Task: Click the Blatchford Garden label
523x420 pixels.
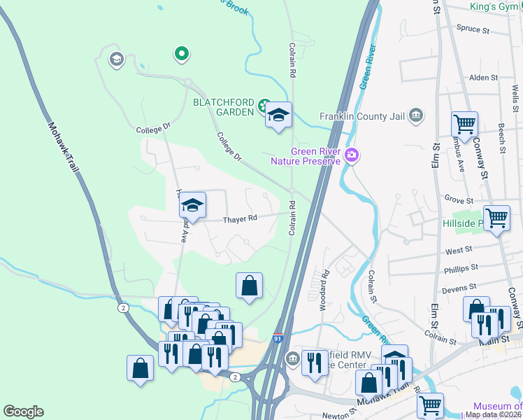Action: pos(223,102)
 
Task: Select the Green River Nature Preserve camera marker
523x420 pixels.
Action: pos(352,155)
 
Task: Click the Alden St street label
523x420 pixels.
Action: pos(482,78)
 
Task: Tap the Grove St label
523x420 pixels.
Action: pos(459,199)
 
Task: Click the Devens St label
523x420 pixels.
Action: pos(459,287)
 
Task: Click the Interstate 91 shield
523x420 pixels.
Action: pos(278,338)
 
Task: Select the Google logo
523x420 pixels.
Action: pos(23,412)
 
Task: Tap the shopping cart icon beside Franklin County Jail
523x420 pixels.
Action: pos(464,125)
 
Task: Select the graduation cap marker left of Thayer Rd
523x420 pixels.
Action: pos(192,205)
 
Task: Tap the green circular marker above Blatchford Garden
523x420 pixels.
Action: pos(181,52)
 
